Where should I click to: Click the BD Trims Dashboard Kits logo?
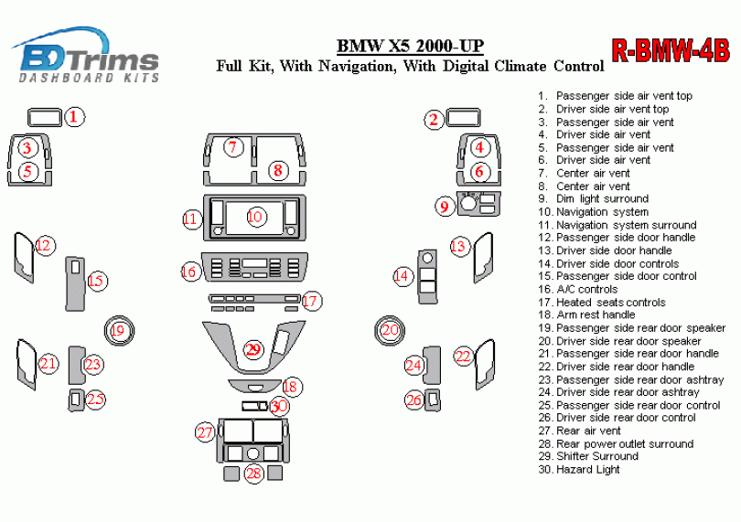88,57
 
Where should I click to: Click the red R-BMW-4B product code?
670,50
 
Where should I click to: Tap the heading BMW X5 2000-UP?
411,47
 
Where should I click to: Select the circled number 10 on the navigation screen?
254,217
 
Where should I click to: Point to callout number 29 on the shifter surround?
253,349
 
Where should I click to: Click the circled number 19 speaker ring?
117,330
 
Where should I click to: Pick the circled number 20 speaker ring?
391,330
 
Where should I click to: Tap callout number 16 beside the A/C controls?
189,272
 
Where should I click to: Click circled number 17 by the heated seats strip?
311,301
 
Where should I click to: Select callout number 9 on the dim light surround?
445,208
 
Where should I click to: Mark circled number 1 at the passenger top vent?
76,117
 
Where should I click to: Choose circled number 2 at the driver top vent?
434,119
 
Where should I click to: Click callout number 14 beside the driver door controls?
402,275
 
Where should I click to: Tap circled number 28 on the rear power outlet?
253,473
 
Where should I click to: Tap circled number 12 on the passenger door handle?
45,245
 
